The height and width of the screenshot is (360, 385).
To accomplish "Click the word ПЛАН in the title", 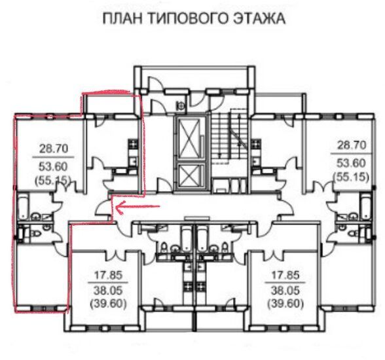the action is click(x=122, y=18).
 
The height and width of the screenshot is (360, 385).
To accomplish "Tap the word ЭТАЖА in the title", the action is click(x=259, y=18).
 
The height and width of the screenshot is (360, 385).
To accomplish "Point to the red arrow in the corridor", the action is click(x=138, y=207).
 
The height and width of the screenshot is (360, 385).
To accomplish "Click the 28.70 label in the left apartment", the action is click(x=54, y=149).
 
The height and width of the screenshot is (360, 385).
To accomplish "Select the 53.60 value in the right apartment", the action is click(x=351, y=163).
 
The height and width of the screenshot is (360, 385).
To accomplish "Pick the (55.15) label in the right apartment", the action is click(x=351, y=177).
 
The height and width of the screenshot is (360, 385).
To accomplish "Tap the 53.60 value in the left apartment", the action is click(x=53, y=167).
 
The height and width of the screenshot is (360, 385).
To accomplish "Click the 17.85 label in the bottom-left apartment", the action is click(x=108, y=275).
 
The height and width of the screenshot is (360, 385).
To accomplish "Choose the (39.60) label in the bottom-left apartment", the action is click(x=108, y=304).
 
